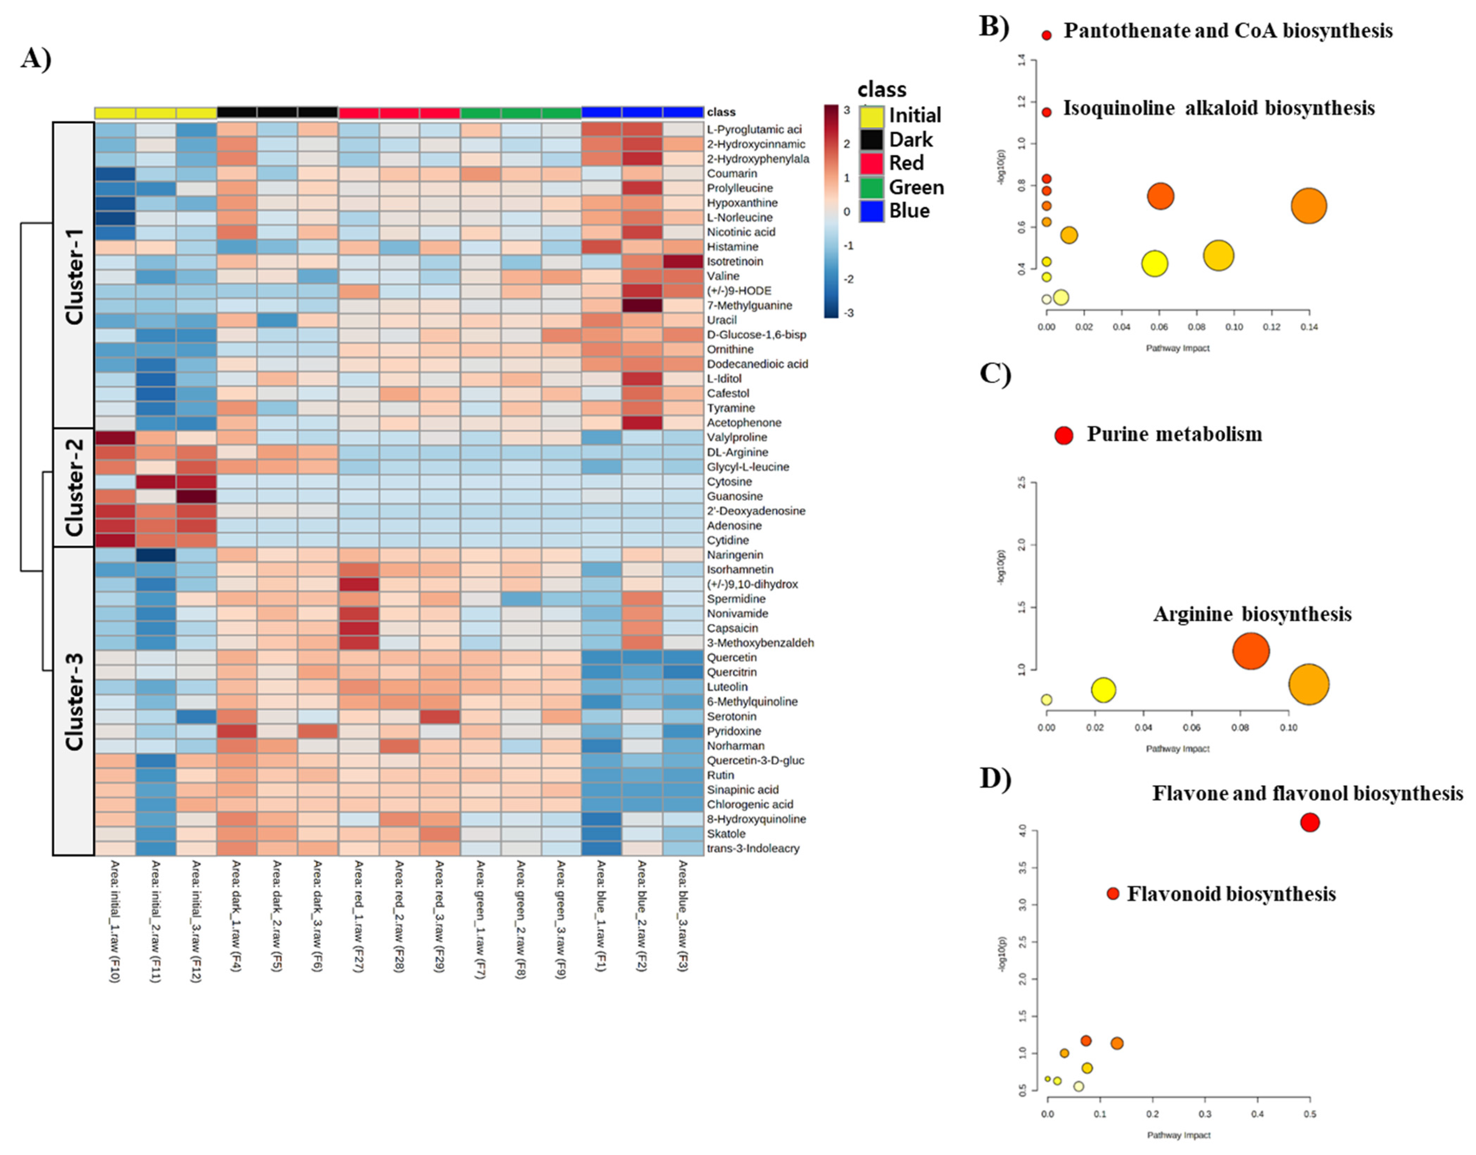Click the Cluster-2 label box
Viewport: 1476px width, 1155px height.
(73, 487)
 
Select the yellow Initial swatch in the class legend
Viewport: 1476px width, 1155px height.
(872, 116)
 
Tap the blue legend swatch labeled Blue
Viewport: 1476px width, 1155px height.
(872, 211)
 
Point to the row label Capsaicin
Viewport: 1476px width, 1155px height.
(732, 628)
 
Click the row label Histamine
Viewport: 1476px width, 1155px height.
(732, 247)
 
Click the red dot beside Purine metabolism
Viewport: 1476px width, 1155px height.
(1064, 435)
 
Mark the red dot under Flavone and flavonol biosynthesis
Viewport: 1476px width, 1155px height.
(1310, 822)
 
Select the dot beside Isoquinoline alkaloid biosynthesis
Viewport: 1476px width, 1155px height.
(1047, 112)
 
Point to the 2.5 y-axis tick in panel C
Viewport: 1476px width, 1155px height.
(1022, 483)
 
